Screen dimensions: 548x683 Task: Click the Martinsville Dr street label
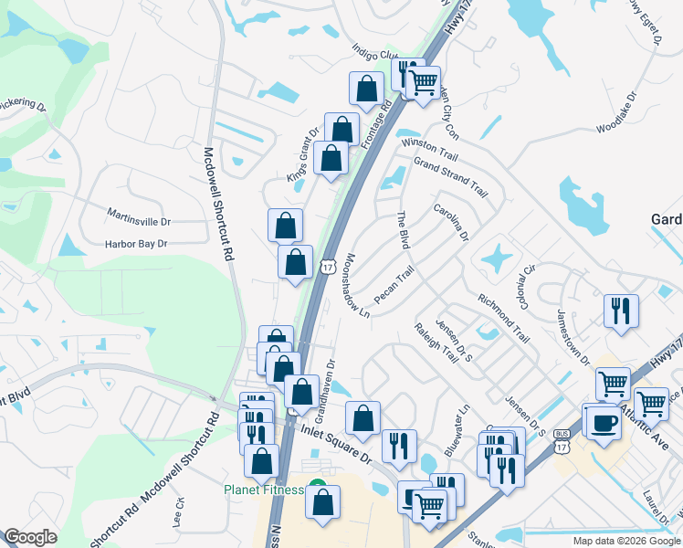tap(139, 221)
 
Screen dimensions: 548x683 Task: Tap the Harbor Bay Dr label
tap(136, 244)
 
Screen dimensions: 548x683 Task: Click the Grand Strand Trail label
tap(450, 177)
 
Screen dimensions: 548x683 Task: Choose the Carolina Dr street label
tap(450, 222)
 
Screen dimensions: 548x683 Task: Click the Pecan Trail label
tap(394, 285)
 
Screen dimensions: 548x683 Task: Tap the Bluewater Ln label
tap(459, 430)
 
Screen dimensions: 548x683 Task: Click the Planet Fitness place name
tap(264, 490)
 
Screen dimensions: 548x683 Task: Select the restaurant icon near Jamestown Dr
tap(621, 311)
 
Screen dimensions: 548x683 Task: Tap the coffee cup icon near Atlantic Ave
tap(601, 421)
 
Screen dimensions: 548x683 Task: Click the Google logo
tap(30, 537)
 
